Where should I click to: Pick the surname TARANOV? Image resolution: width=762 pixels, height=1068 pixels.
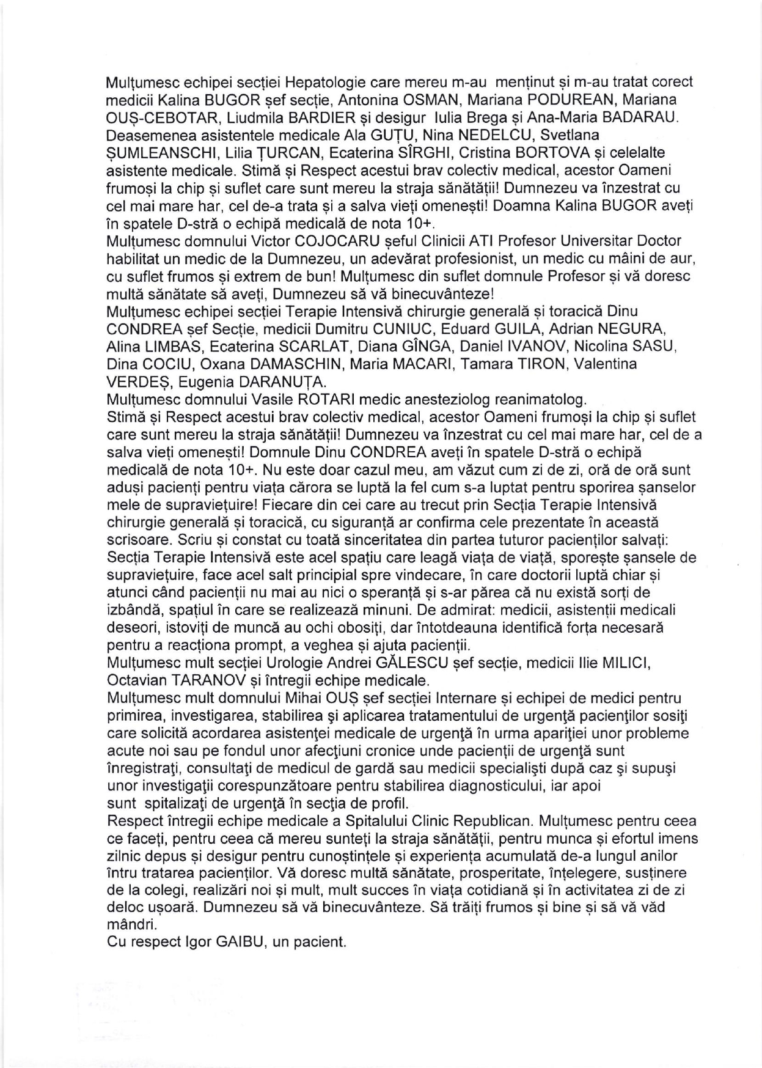pos(204,680)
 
